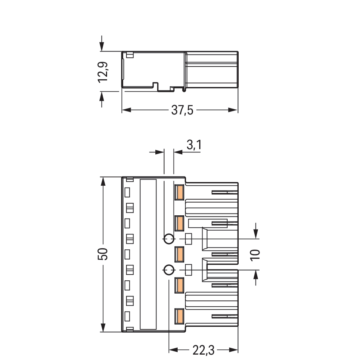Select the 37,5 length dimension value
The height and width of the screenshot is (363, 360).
(182, 110)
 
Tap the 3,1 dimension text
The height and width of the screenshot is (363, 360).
(194, 145)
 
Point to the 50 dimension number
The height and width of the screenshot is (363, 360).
(103, 254)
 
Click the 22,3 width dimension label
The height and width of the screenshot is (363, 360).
(204, 350)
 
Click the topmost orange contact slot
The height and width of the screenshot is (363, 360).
(179, 192)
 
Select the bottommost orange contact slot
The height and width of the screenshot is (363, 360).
(179, 316)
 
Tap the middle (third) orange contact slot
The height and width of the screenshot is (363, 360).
(179, 254)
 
